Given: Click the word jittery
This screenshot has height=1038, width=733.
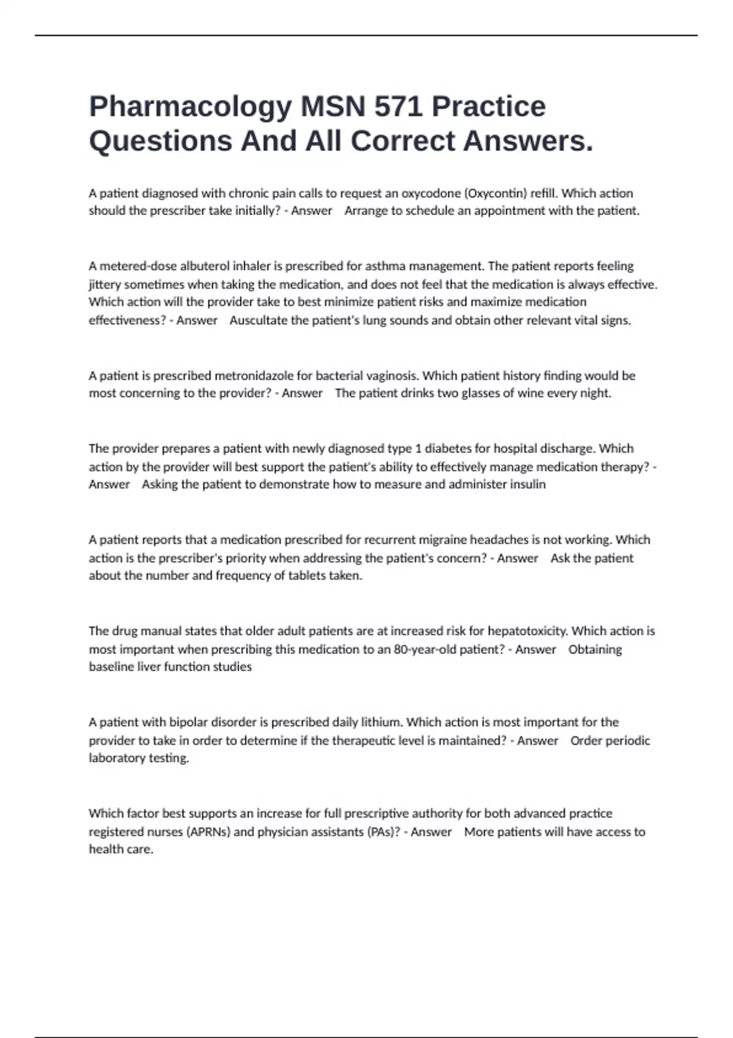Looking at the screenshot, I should pyautogui.click(x=104, y=285).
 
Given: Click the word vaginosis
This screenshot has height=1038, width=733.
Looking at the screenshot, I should pyautogui.click(x=393, y=376).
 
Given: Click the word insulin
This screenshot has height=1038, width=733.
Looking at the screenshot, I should pyautogui.click(x=528, y=485).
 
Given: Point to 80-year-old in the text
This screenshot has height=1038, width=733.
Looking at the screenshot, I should pyautogui.click(x=423, y=649).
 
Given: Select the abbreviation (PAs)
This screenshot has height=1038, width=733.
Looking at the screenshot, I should pyautogui.click(x=384, y=832).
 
